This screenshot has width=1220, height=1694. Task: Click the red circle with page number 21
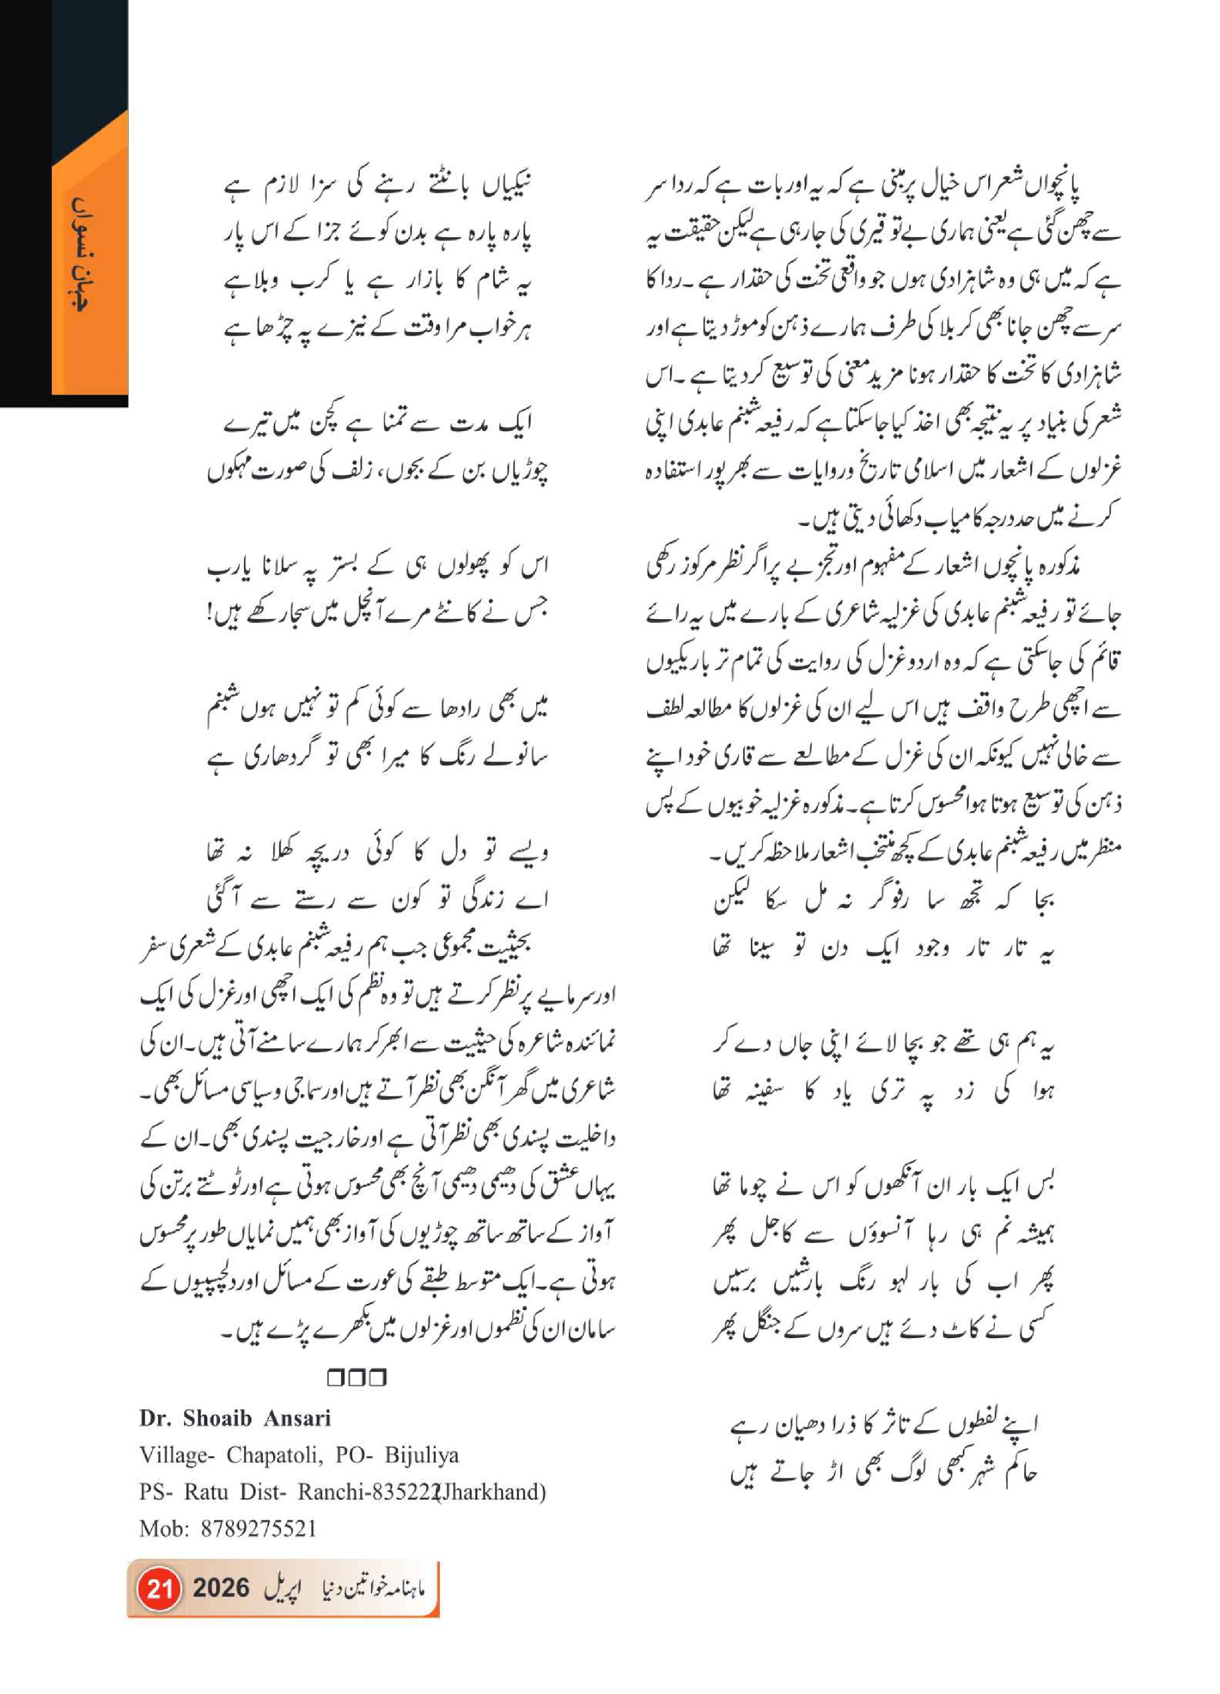click(159, 1588)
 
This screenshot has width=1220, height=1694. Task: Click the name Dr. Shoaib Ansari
click(235, 1419)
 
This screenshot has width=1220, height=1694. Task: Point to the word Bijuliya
click(421, 1455)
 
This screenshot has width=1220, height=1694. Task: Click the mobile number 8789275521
click(258, 1528)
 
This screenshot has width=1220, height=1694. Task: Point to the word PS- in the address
click(157, 1492)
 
